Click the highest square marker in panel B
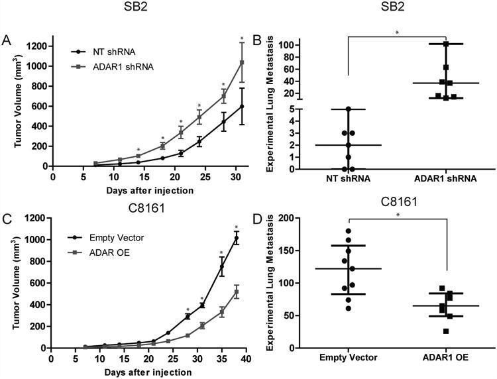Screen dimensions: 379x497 pyautogui.click(x=447, y=44)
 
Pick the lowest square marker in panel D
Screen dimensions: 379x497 pyautogui.click(x=446, y=331)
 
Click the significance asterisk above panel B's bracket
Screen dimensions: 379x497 pyautogui.click(x=396, y=30)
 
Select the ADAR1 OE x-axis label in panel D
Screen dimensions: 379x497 pyautogui.click(x=446, y=358)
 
